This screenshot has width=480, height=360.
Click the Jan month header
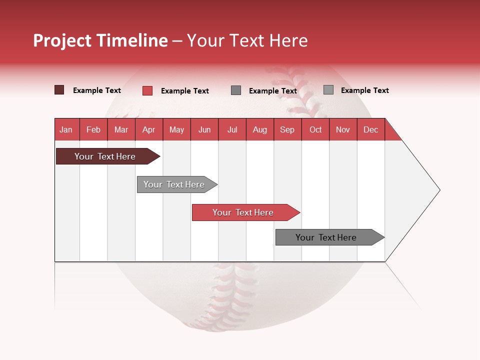66,129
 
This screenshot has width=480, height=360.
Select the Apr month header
149,129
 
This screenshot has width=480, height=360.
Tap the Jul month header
232,129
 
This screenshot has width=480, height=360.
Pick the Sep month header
287,129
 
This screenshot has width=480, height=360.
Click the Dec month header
370,129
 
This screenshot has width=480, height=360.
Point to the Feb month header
93,129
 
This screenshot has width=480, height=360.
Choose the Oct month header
315,129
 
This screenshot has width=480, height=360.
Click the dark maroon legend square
59,90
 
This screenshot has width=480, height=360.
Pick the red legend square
147,90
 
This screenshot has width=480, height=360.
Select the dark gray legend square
236,90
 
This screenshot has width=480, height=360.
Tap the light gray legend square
328,90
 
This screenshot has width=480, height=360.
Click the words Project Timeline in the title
100,40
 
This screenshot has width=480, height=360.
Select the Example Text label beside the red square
184,91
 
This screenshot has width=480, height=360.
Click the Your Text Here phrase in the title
247,40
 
